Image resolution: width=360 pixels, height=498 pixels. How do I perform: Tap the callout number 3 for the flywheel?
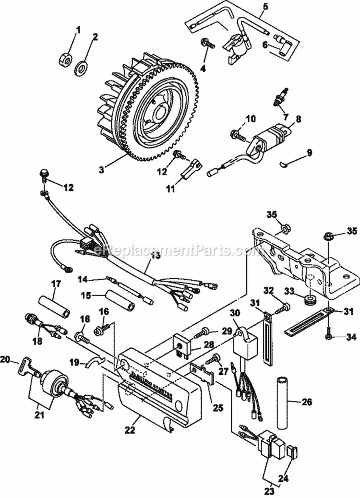pyautogui.click(x=101, y=169)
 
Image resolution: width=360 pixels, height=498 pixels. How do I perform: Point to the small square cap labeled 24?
pyautogui.click(x=293, y=451)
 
